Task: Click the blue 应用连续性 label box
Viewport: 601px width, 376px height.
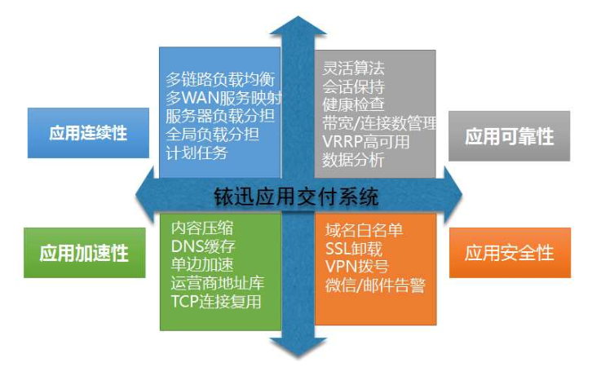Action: [88, 133]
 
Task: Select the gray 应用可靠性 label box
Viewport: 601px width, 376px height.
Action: [509, 136]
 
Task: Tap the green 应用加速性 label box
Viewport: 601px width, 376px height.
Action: [84, 253]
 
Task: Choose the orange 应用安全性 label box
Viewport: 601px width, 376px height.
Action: [510, 253]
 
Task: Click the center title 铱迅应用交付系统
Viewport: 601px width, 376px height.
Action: [296, 197]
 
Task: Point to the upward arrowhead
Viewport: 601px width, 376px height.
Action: [298, 25]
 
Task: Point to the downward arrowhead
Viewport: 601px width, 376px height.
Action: [298, 348]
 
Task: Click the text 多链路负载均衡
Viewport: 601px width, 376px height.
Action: [220, 80]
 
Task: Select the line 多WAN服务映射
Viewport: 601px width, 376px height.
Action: [223, 98]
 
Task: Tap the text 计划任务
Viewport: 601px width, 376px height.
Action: [197, 153]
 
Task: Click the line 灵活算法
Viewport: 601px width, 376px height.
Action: [353, 69]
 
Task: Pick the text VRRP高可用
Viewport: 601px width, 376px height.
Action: [365, 142]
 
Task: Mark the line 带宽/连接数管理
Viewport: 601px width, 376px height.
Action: [379, 123]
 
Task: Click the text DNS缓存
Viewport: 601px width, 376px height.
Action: [203, 246]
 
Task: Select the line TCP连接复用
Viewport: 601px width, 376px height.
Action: [216, 302]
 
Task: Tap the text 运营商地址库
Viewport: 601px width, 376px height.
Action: [218, 283]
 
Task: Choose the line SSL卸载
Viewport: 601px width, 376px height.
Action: [354, 249]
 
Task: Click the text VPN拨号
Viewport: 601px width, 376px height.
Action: [357, 267]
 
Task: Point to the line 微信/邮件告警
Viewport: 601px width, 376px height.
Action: [375, 285]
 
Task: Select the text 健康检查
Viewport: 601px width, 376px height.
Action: [353, 104]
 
